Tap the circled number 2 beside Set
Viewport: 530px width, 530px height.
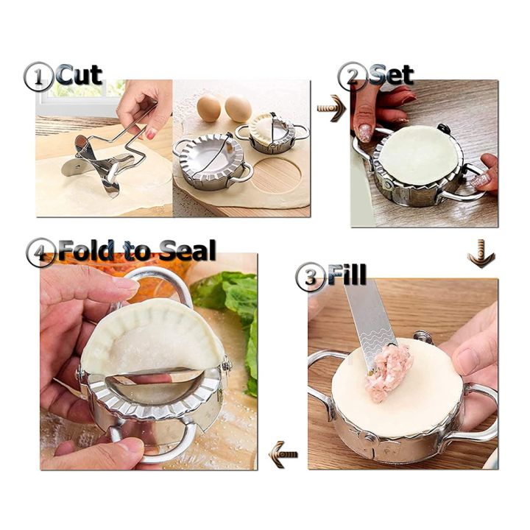(352, 77)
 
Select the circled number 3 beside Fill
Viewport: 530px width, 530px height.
(310, 278)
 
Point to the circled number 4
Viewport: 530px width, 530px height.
(40, 252)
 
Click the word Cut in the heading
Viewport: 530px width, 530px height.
(79, 74)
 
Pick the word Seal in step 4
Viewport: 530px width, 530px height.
(185, 250)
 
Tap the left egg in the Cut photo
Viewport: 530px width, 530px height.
(210, 107)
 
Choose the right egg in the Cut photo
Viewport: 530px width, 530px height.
(238, 109)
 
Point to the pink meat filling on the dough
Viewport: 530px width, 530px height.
(388, 371)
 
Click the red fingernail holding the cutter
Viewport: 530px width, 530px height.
(150, 133)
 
